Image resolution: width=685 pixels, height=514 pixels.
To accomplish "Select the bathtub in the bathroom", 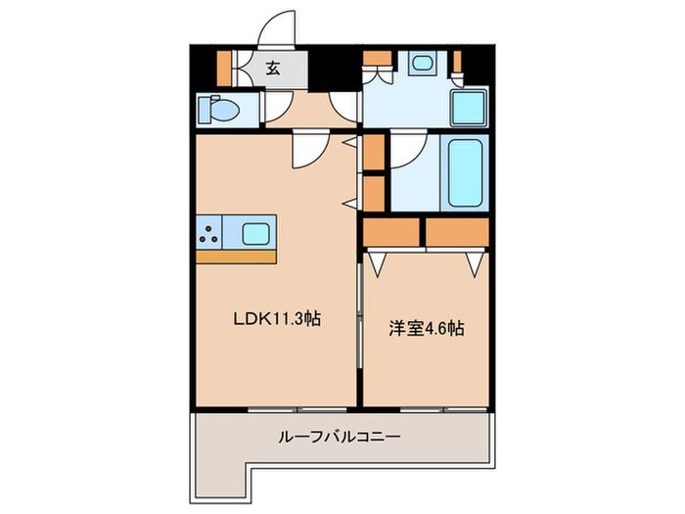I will tap(466, 172).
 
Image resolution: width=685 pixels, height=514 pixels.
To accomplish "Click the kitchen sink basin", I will tap(256, 233).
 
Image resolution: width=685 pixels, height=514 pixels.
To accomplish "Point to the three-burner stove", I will tap(208, 233).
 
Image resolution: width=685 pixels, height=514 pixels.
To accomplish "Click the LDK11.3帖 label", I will tap(277, 318).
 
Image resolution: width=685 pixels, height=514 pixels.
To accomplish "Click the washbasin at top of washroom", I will tap(424, 65).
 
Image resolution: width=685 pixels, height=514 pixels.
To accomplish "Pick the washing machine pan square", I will tap(469, 107).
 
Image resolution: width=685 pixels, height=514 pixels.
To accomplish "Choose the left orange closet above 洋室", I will tap(391, 232).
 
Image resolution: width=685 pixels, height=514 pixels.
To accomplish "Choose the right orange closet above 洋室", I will tap(457, 232).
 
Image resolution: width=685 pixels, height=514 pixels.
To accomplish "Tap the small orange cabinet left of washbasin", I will tap(373, 70).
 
